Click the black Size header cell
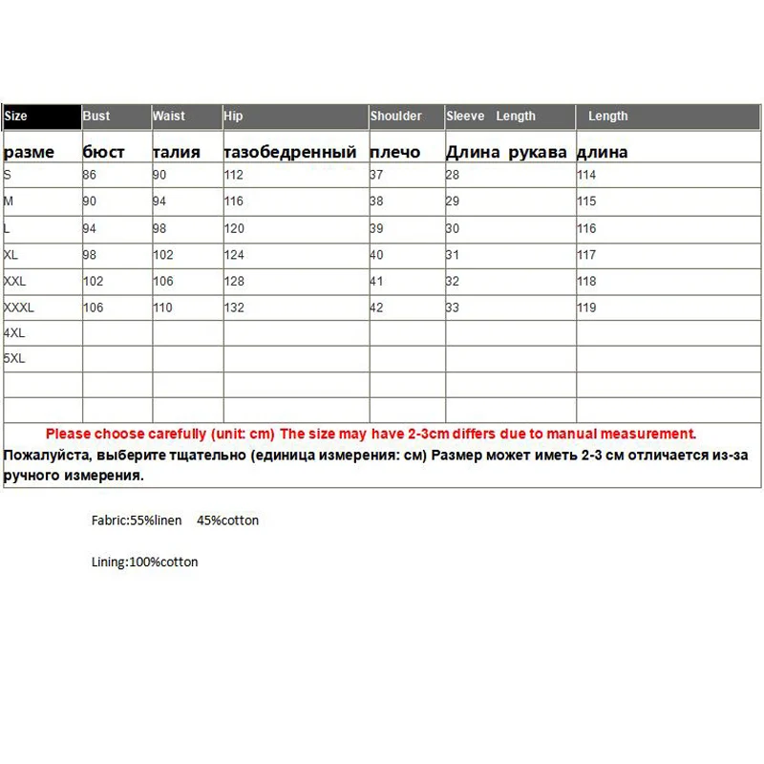coord(42,117)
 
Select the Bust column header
coord(96,117)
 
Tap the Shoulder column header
coord(396,117)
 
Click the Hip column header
coord(234,117)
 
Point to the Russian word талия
coord(177,152)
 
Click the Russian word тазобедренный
coord(290,152)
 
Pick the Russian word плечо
coord(393,152)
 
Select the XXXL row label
coord(19,308)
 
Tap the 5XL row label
coord(14,359)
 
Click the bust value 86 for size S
coord(91,175)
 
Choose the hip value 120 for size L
coord(234,228)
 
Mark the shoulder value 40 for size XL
coord(376,255)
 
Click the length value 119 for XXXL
coord(586,308)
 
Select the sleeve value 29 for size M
coord(453,202)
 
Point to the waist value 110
coord(162,308)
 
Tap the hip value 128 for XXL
coord(234,282)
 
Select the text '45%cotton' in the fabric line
coord(227,520)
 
